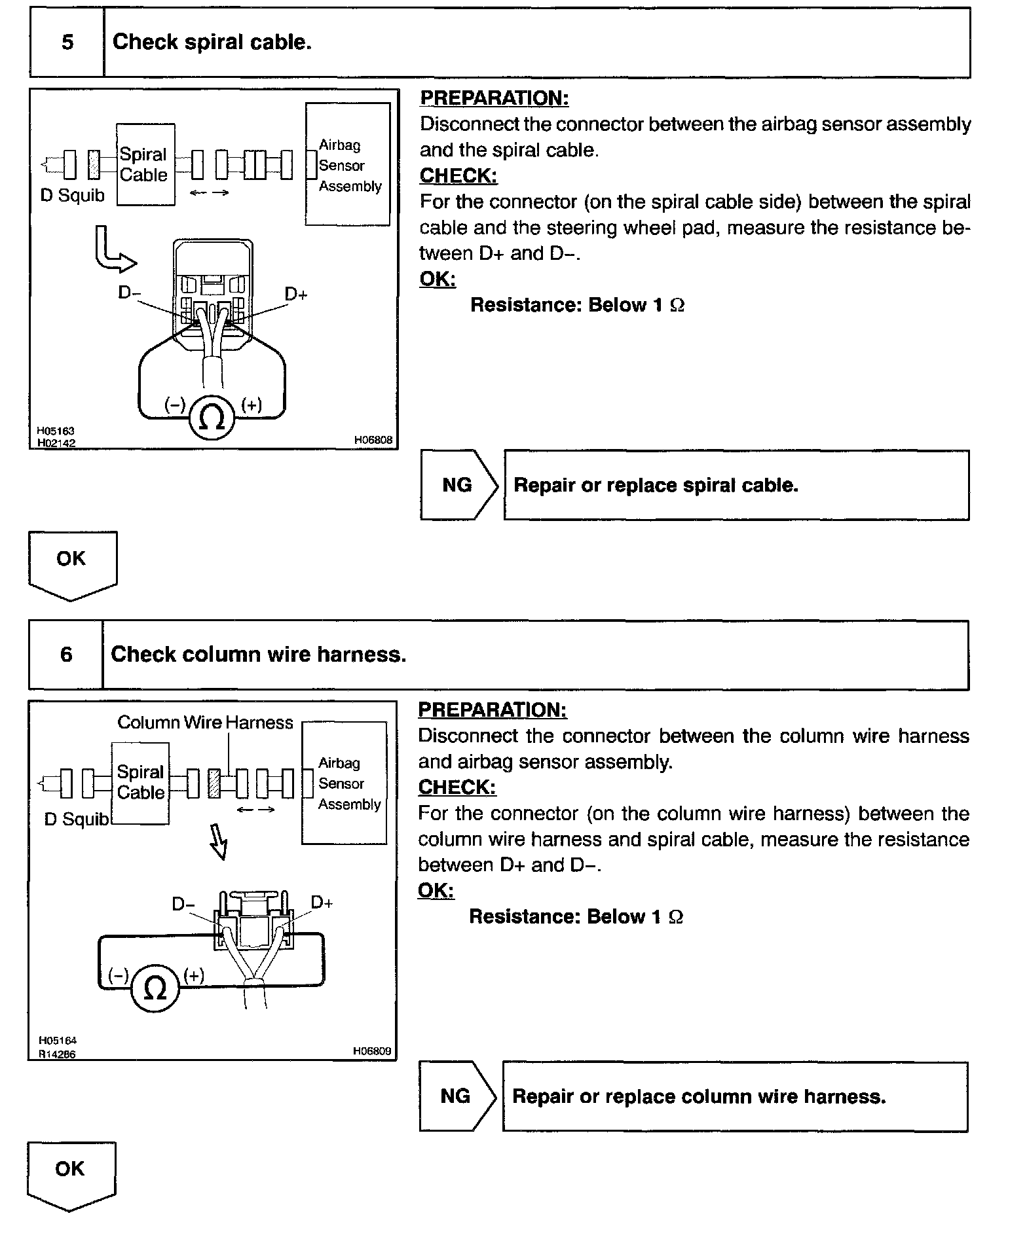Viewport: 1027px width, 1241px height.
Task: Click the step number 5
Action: pos(67,43)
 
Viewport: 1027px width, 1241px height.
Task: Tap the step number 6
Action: pos(66,655)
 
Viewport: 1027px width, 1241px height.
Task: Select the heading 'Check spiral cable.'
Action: pos(212,43)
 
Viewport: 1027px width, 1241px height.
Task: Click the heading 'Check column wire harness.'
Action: pos(258,655)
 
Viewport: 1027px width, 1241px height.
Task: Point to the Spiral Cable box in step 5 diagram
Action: pos(145,164)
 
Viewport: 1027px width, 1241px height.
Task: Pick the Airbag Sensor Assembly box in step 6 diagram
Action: pos(345,783)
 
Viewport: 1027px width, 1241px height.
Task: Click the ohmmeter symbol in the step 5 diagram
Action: pos(212,417)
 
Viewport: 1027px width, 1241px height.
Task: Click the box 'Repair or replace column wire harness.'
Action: pos(734,1096)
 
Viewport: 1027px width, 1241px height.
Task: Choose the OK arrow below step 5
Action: pos(72,564)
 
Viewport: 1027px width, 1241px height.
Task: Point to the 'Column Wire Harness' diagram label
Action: pos(205,723)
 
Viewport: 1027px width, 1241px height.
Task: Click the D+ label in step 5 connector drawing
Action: pos(296,295)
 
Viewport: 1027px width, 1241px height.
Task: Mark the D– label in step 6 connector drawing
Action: pos(183,904)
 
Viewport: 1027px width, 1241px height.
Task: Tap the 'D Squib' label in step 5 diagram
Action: pos(72,195)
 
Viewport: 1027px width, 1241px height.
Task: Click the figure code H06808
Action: pos(373,440)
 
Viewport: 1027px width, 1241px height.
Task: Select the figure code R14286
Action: pos(57,1054)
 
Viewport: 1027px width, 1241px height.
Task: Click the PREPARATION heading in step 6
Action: pos(493,710)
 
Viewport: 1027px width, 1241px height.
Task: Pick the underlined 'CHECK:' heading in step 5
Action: pos(458,176)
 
